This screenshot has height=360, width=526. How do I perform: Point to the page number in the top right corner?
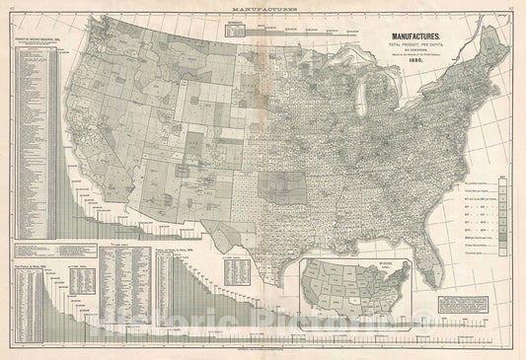[517, 6]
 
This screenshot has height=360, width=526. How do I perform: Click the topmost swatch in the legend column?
[503, 184]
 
